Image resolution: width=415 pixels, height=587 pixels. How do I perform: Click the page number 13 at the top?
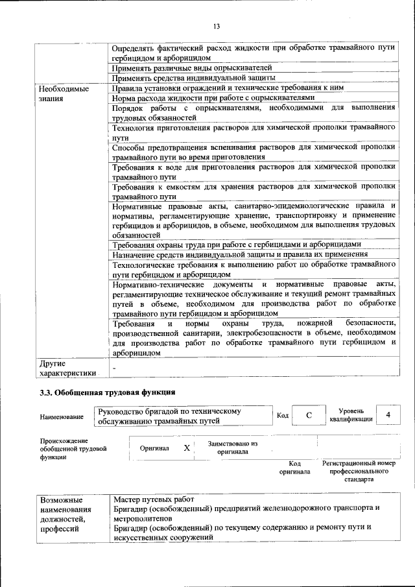(x=217, y=26)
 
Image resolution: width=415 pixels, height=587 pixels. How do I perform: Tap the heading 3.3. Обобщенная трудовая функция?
(x=107, y=392)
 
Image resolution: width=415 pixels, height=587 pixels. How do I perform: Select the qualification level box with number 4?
(x=388, y=415)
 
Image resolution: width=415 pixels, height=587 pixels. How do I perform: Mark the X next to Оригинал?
(x=187, y=448)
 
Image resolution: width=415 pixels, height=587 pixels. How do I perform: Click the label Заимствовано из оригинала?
(x=233, y=448)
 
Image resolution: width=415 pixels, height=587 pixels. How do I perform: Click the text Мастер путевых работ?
(x=154, y=499)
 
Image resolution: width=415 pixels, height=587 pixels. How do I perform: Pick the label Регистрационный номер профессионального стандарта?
(x=359, y=472)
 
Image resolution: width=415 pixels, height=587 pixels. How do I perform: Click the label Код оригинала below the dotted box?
(x=295, y=468)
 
